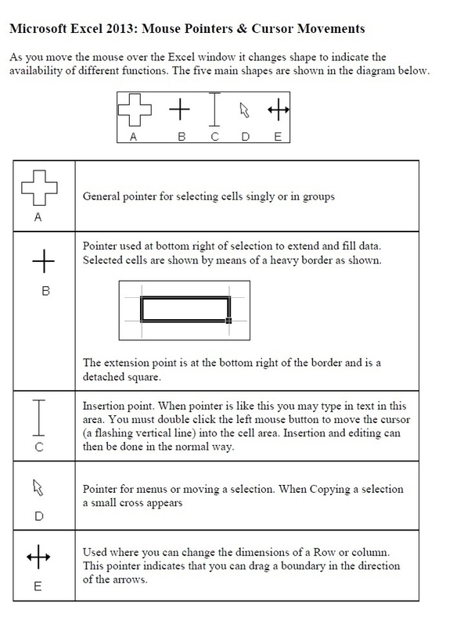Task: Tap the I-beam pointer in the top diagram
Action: (x=214, y=110)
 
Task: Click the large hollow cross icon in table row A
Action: (x=39, y=188)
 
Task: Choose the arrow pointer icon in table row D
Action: (x=36, y=489)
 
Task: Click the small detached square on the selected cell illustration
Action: (x=228, y=320)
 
